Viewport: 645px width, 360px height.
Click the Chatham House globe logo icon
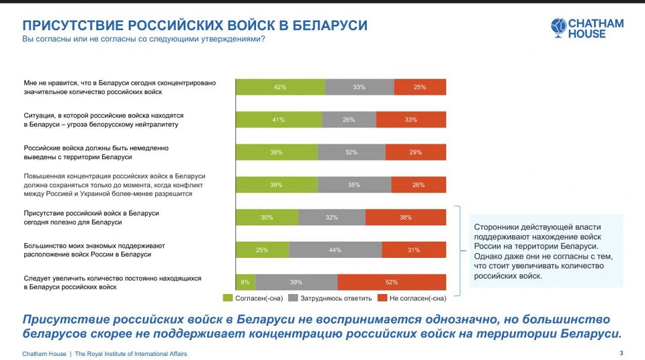click(x=559, y=27)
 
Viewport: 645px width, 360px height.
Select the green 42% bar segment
click(x=280, y=87)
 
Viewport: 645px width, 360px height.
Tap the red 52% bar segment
click(x=392, y=282)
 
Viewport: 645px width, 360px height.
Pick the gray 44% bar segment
click(x=335, y=250)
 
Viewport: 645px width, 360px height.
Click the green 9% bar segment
click(x=245, y=282)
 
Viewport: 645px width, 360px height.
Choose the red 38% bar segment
click(x=406, y=217)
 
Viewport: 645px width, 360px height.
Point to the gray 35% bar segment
click(x=354, y=185)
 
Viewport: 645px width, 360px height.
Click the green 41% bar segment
click(x=278, y=120)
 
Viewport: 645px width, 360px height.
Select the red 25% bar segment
click(x=420, y=87)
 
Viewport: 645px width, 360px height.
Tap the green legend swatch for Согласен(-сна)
click(x=228, y=298)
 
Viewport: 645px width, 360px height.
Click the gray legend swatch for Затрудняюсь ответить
click(x=293, y=298)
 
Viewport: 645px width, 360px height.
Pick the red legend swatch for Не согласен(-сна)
click(x=382, y=298)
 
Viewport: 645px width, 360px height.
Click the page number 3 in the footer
click(x=621, y=353)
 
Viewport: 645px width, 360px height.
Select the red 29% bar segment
click(x=416, y=152)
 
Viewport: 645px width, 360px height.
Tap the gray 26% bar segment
click(x=349, y=120)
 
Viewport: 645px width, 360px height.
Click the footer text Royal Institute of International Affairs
click(x=131, y=354)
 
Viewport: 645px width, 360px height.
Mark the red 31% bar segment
click(x=414, y=250)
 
